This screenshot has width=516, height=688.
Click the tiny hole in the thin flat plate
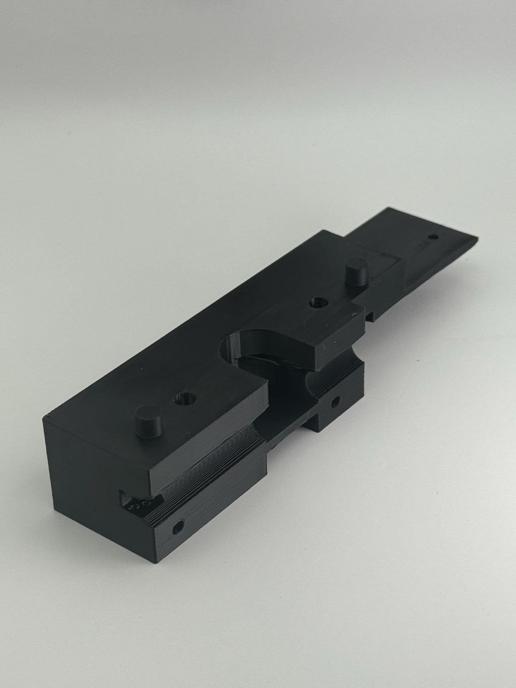(433, 236)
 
